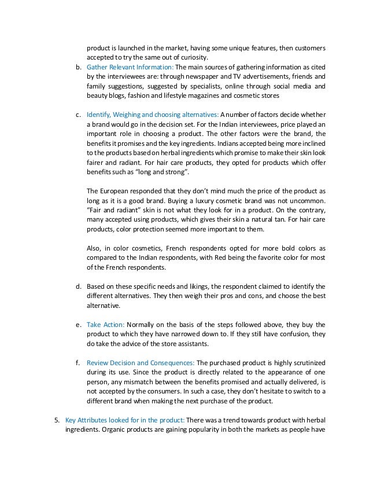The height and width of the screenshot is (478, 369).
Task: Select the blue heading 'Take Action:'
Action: (x=105, y=324)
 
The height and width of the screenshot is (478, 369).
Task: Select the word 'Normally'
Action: (x=141, y=324)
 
